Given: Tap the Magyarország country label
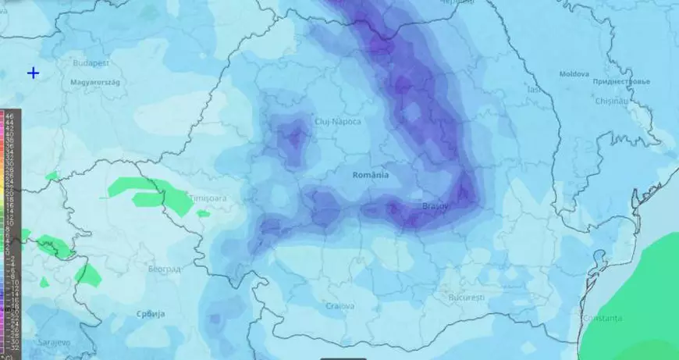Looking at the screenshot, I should pyautogui.click(x=93, y=81).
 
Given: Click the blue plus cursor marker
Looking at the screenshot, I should pyautogui.click(x=34, y=73).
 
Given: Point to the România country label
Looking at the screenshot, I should pyautogui.click(x=370, y=175).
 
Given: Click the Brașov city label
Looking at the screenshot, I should pyautogui.click(x=435, y=206).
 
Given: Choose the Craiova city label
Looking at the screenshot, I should pyautogui.click(x=340, y=306).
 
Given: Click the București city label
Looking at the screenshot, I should pyautogui.click(x=467, y=298).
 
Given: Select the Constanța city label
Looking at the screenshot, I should pyautogui.click(x=603, y=318).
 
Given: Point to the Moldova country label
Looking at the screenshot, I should pyautogui.click(x=574, y=74).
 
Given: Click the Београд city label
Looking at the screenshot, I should pyautogui.click(x=164, y=269).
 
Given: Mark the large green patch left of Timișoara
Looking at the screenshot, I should pyautogui.click(x=148, y=193).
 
